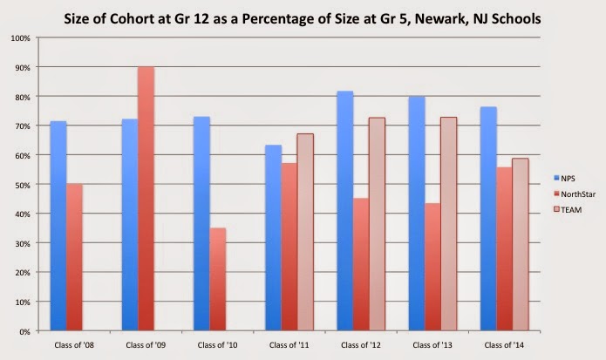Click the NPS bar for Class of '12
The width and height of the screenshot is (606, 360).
(344, 210)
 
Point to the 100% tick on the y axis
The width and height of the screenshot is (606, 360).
(20, 38)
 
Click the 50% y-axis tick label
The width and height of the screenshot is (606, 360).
(22, 185)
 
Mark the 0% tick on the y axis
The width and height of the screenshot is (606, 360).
(24, 331)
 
